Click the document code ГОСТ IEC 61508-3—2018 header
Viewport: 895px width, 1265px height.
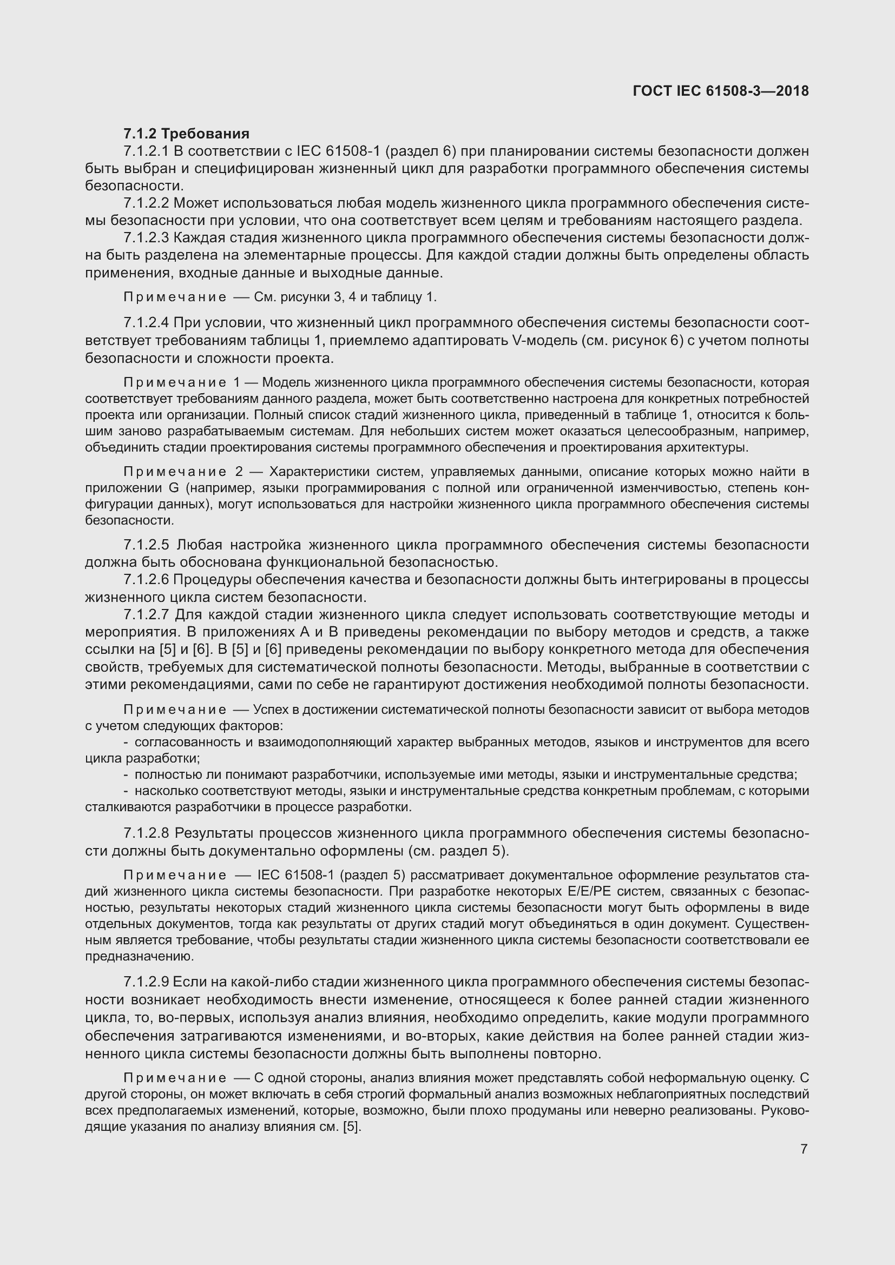(x=721, y=91)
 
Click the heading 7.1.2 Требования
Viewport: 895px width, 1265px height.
(x=186, y=134)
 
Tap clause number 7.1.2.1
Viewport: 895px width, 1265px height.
(x=146, y=151)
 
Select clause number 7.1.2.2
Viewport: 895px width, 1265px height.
(x=146, y=203)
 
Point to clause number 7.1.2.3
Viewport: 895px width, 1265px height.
(x=146, y=238)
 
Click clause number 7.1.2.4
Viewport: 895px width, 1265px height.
(x=146, y=323)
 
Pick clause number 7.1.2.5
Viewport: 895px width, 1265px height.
(x=146, y=545)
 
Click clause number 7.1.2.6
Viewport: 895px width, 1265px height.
(x=146, y=580)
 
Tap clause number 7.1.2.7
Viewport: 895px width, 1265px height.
(x=146, y=614)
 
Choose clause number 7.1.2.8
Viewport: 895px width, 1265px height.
(x=146, y=833)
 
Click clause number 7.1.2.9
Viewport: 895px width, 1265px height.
(x=146, y=982)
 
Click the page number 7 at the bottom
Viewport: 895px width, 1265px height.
(x=804, y=1149)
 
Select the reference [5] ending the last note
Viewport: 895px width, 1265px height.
(x=351, y=1127)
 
